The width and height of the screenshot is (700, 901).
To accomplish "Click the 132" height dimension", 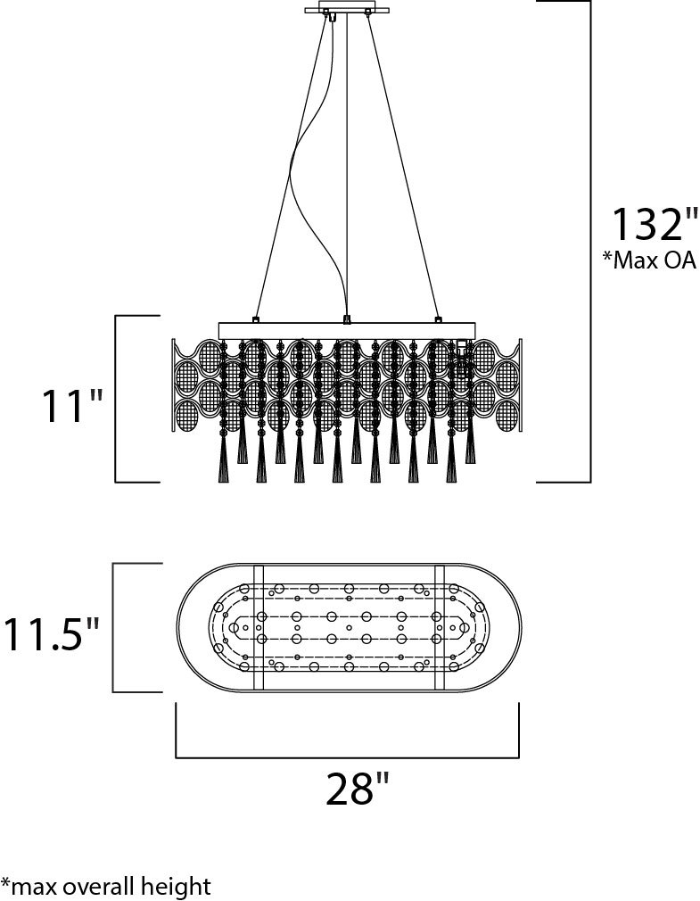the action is coord(655,224).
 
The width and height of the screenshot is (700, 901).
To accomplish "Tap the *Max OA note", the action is coord(649,260).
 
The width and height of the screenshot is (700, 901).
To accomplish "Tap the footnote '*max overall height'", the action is coord(105,886).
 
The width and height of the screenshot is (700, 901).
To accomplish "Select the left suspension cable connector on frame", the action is coord(255,318).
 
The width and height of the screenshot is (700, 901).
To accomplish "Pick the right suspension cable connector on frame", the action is coord(439,318).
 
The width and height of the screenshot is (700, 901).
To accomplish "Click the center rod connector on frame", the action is coord(347,318).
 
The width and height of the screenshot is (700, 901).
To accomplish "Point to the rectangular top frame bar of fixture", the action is coord(347,330).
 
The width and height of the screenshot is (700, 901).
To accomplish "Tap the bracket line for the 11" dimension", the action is coord(117,398).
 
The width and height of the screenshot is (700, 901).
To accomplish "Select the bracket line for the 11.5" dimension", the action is coord(114,627).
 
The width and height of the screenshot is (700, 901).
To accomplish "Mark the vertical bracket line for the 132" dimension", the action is coord(590,242).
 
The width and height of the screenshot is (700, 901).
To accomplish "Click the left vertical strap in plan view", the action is coord(259,628).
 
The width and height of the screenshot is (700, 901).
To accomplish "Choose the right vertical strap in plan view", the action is coord(441,628).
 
